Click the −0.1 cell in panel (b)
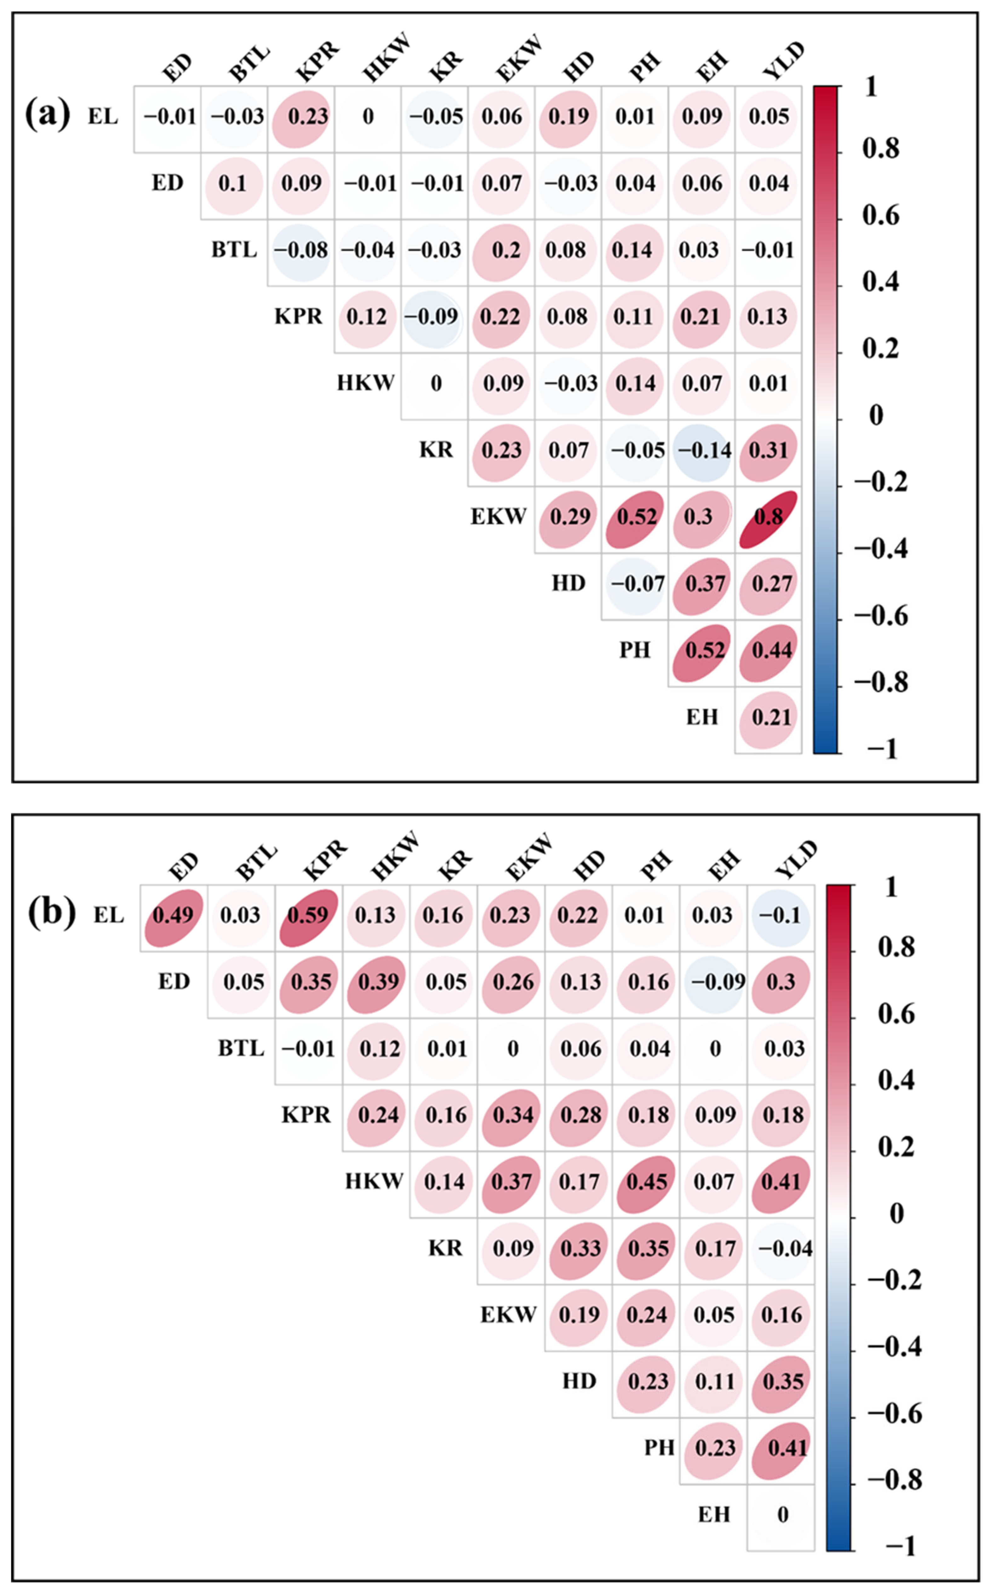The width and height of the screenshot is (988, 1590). point(780,916)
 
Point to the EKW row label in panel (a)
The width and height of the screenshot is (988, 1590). point(498,517)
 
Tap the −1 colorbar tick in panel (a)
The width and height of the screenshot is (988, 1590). point(882,749)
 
